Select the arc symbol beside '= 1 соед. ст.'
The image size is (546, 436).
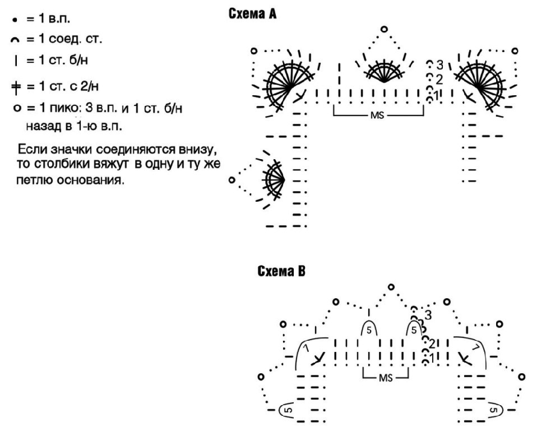pyautogui.click(x=13, y=40)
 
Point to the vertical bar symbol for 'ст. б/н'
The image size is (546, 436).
pyautogui.click(x=13, y=61)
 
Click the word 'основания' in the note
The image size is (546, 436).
pyautogui.click(x=92, y=181)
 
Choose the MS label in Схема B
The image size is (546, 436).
pyautogui.click(x=386, y=377)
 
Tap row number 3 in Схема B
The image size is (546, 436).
pyautogui.click(x=429, y=314)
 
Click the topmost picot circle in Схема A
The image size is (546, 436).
pyautogui.click(x=384, y=28)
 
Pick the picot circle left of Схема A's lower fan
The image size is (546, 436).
pyautogui.click(x=232, y=180)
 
